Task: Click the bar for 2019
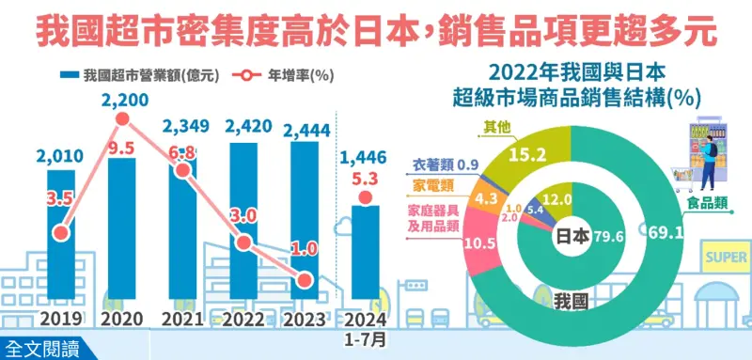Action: coord(62,235)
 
